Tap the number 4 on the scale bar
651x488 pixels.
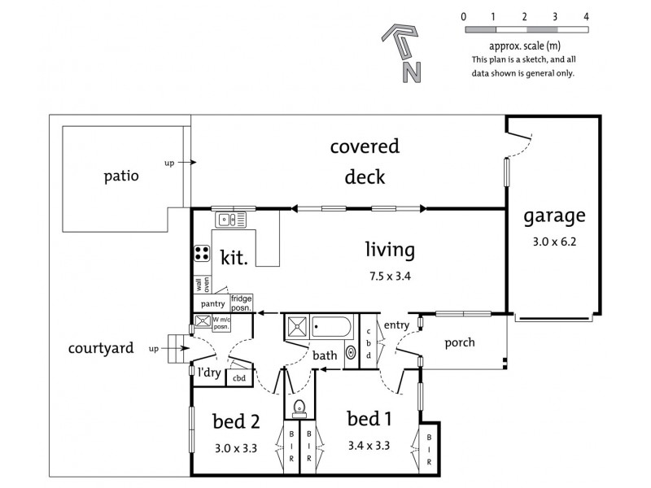click(x=586, y=16)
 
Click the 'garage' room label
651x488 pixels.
click(x=554, y=216)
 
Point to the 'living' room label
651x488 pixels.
click(x=389, y=249)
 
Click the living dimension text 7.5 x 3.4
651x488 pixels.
click(x=389, y=276)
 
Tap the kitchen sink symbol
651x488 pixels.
click(x=230, y=220)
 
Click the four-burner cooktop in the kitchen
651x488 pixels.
click(x=201, y=254)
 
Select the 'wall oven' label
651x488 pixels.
click(x=201, y=285)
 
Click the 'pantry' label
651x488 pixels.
click(x=212, y=303)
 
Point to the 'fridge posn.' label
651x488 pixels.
click(x=242, y=303)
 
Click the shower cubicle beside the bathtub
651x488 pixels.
click(x=296, y=329)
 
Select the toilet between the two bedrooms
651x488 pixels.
click(x=299, y=407)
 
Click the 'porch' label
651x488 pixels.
click(x=459, y=342)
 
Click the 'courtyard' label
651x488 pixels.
click(x=100, y=348)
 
